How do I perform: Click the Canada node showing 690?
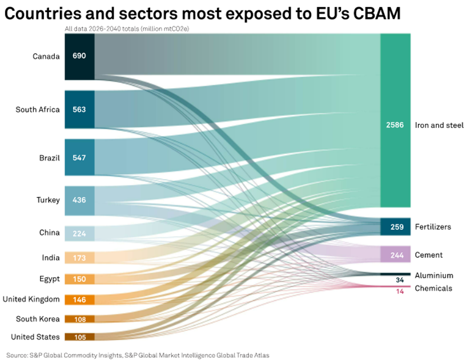tap(79, 56)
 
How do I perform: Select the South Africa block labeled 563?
tap(79, 109)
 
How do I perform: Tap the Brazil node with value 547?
tap(79, 157)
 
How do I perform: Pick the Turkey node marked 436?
tap(79, 201)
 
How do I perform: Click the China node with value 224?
tap(79, 233)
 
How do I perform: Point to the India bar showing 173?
tap(79, 258)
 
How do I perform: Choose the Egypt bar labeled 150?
tap(79, 279)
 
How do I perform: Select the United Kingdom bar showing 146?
tap(79, 300)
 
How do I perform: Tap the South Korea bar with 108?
tap(79, 319)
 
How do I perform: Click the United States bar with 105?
tap(79, 337)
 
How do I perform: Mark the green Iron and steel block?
tap(395, 120)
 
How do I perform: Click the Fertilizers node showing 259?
tap(395, 226)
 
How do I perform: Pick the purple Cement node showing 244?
tap(395, 255)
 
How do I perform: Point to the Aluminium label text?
tap(434, 276)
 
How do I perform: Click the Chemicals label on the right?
tap(433, 288)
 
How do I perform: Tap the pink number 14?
tap(400, 292)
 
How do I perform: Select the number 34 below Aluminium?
tap(400, 280)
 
